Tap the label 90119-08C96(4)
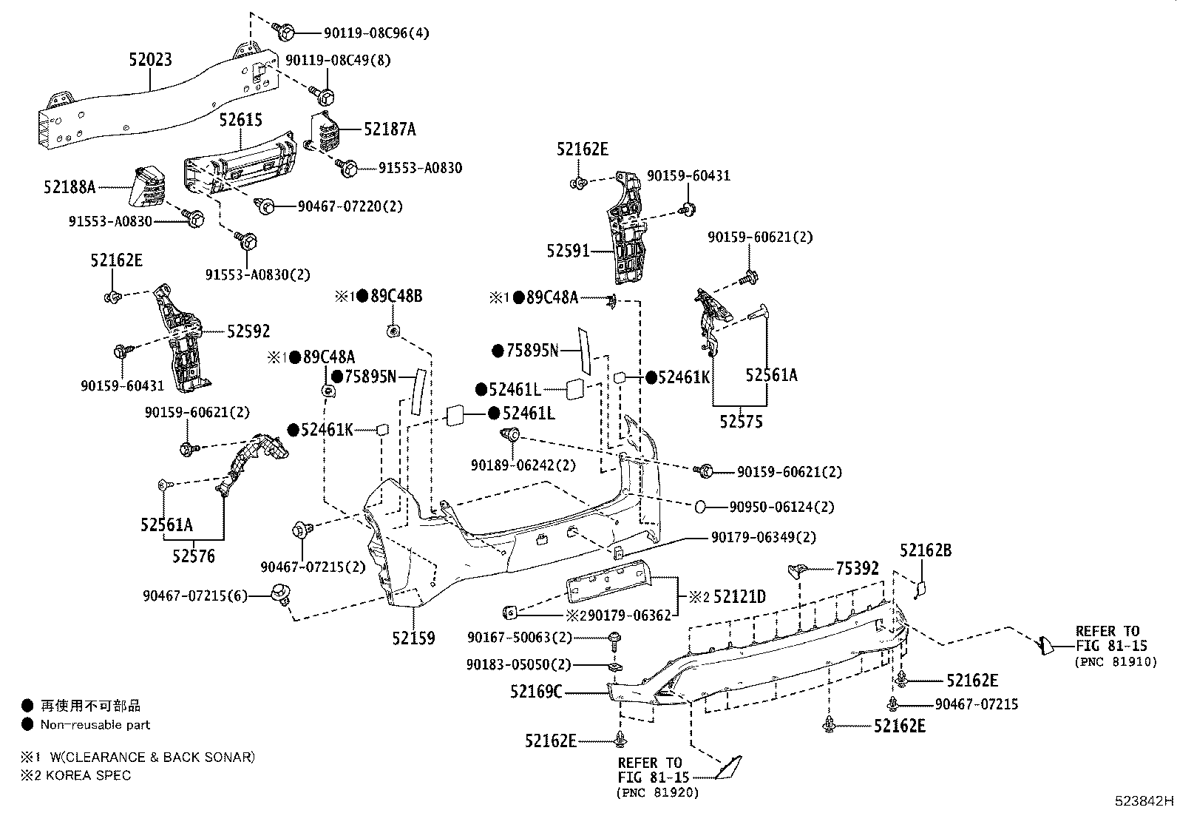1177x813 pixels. click(376, 33)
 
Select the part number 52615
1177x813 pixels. click(240, 121)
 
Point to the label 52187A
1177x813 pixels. click(390, 129)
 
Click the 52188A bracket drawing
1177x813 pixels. click(148, 189)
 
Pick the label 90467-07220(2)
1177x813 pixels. click(350, 206)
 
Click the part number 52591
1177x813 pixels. click(569, 251)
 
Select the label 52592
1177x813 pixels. click(248, 331)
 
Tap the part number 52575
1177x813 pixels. click(742, 422)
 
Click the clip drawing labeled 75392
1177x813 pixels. click(796, 570)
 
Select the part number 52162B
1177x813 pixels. click(925, 550)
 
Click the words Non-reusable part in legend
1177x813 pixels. click(95, 725)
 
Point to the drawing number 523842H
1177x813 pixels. click(1144, 800)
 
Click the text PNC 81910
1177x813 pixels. click(1116, 662)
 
